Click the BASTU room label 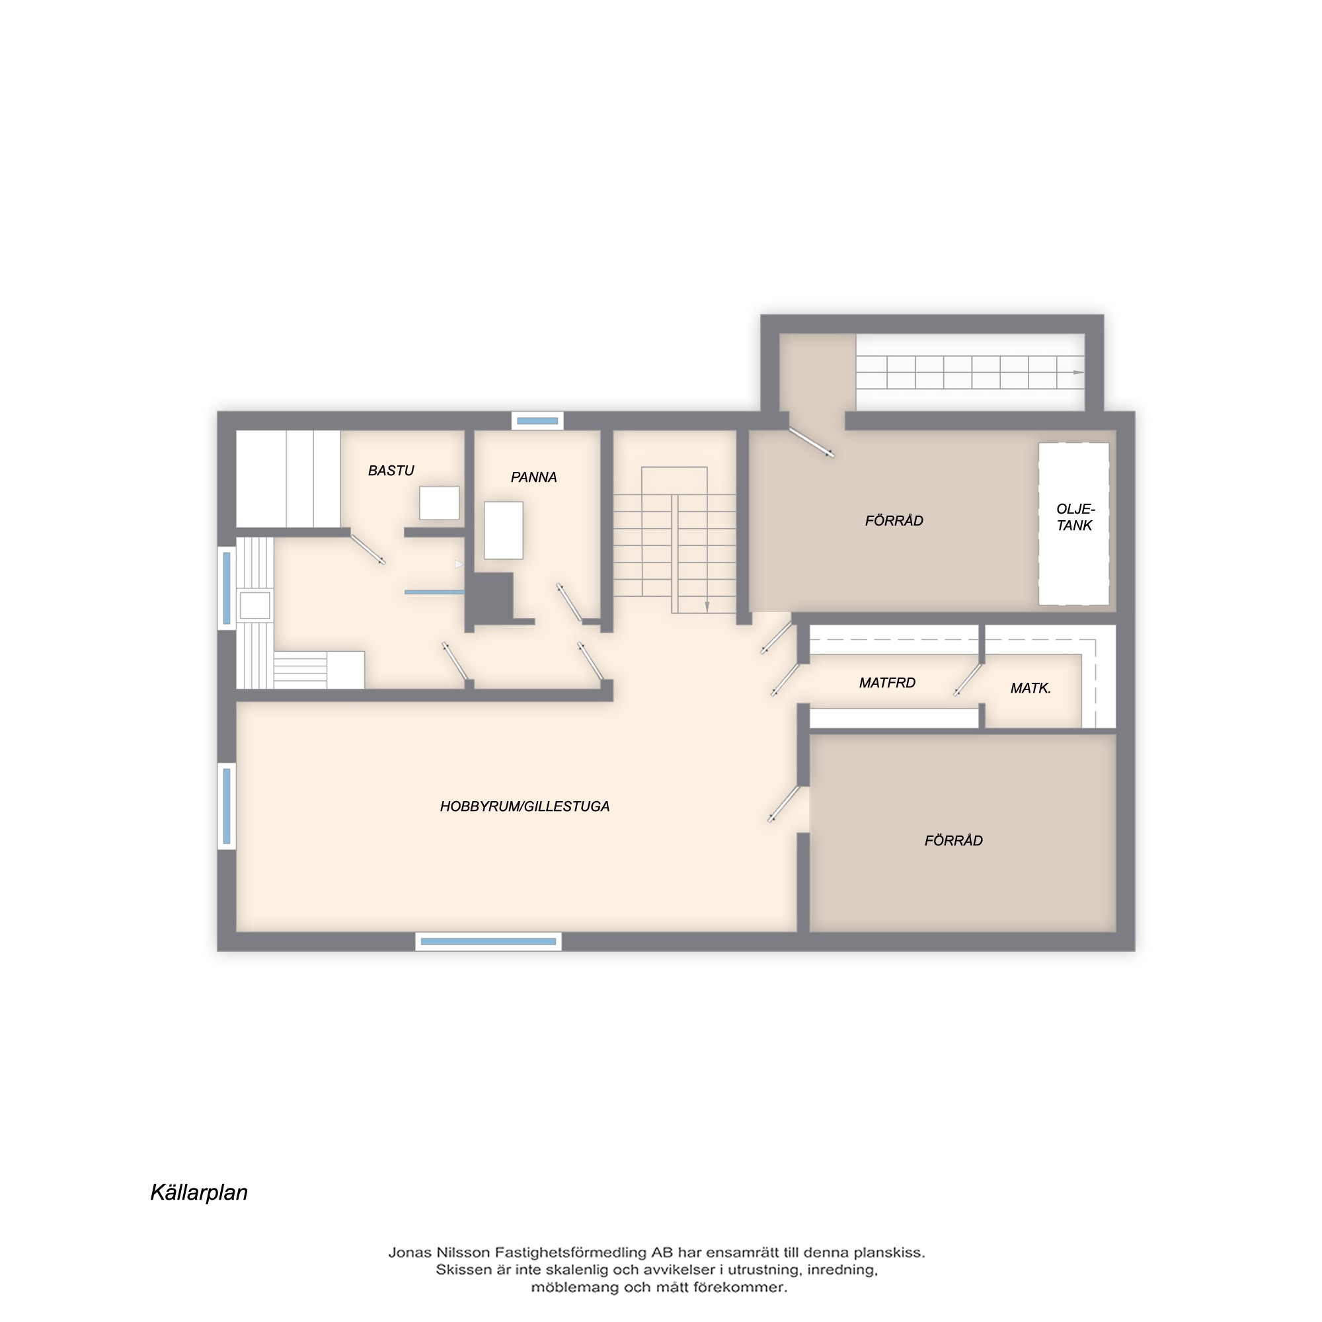[x=391, y=471]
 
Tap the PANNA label [x=533, y=478]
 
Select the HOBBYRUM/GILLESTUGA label [x=525, y=806]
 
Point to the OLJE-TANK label [x=1075, y=518]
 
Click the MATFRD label [x=887, y=683]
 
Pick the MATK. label [x=1030, y=688]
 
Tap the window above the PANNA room [x=537, y=421]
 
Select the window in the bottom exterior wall [x=488, y=941]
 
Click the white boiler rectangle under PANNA [x=504, y=530]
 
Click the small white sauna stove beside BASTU [x=440, y=503]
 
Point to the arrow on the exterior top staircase [x=1078, y=372]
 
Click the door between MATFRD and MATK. [x=968, y=680]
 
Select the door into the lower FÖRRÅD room [x=783, y=803]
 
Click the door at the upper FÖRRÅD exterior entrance [x=812, y=442]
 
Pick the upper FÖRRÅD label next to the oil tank [x=894, y=521]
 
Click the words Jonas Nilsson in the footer [x=439, y=1253]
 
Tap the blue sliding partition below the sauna [x=434, y=592]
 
